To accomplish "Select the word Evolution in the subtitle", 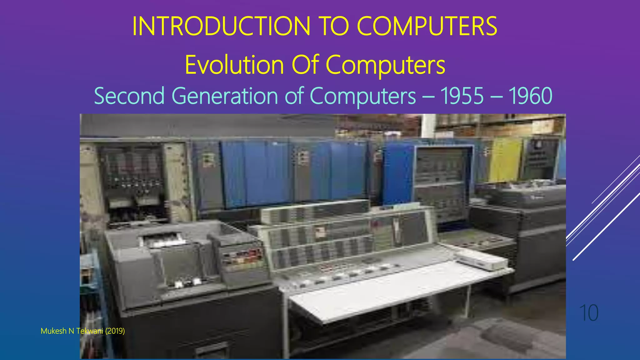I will (x=234, y=65).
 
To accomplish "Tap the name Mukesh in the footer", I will (x=53, y=331).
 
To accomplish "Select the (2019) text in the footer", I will (x=115, y=331).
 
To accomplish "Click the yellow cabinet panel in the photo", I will (x=505, y=159).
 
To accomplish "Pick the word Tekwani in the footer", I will (x=89, y=331).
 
